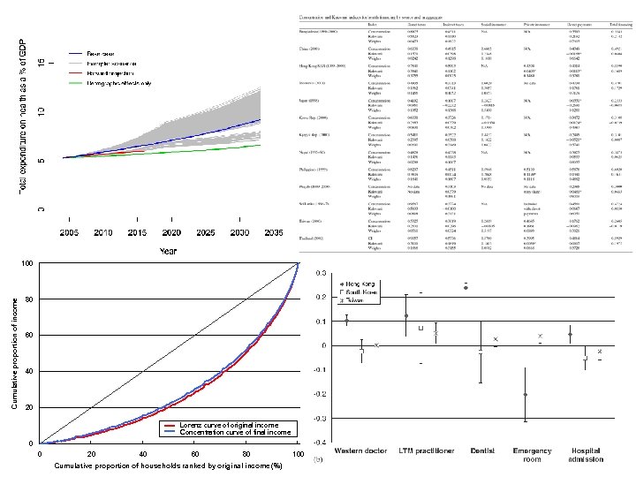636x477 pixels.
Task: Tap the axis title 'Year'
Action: (168, 251)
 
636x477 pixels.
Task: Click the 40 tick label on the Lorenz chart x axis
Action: (142, 454)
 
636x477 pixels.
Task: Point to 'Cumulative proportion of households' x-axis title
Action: (167, 466)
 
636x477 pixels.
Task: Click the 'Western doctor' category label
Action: (360, 450)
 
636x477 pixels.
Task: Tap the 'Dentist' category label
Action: (481, 450)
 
